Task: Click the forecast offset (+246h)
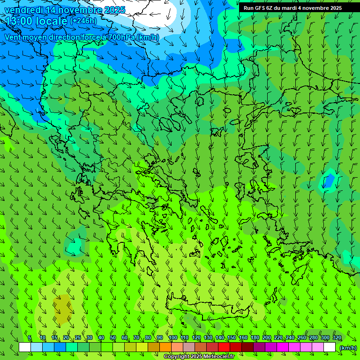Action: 83,21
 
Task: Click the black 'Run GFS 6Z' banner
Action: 292,8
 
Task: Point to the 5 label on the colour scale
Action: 30,338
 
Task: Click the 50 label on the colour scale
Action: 113,338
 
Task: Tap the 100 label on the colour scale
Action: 172,338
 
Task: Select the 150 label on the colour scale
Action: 232,338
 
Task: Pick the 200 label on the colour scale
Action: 267,338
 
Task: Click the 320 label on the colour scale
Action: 337,338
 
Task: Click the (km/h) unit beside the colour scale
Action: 348,348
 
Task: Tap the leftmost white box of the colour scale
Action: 25,347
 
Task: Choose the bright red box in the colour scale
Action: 224,347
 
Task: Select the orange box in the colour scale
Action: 165,347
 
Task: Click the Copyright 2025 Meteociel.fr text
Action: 199,357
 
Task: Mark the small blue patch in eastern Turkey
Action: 329,180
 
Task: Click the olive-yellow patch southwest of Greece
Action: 62,309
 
